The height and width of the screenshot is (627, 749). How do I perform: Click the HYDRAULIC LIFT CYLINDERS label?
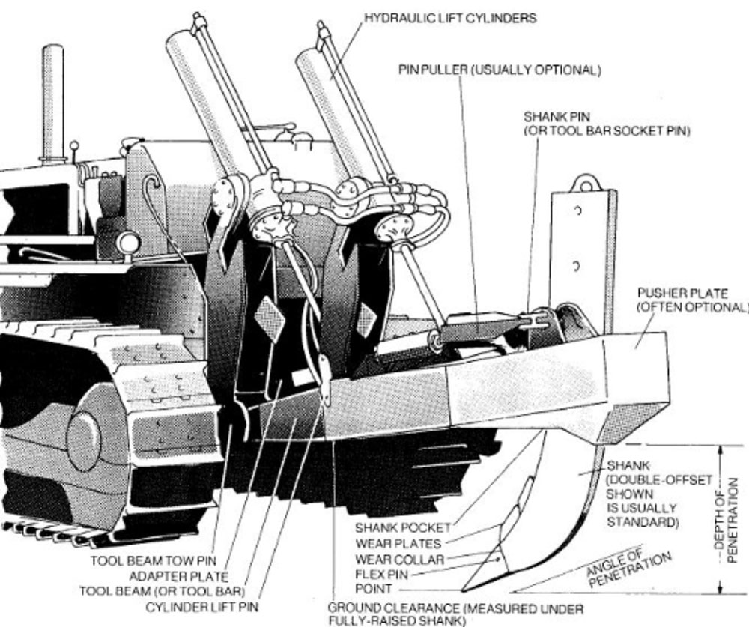coord(450,18)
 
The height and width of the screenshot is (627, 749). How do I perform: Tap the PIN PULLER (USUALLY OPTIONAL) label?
coord(500,70)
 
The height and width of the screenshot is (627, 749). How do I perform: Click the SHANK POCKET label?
coord(404,527)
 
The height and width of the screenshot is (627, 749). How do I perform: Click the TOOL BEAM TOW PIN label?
coord(149,560)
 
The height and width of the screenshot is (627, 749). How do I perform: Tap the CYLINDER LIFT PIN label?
coord(195,605)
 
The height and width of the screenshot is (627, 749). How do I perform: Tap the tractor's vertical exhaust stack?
coord(52,101)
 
